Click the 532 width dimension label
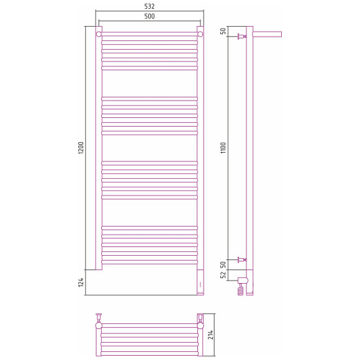click(x=150, y=6)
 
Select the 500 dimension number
click(x=150, y=16)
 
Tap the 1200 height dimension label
click(x=81, y=148)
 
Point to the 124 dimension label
click(x=81, y=282)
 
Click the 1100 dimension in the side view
click(x=223, y=148)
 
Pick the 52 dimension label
click(x=223, y=274)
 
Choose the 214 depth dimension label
click(x=210, y=335)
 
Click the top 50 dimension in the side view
click(x=223, y=31)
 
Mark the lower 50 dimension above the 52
click(x=223, y=264)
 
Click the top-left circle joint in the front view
click(x=99, y=34)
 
